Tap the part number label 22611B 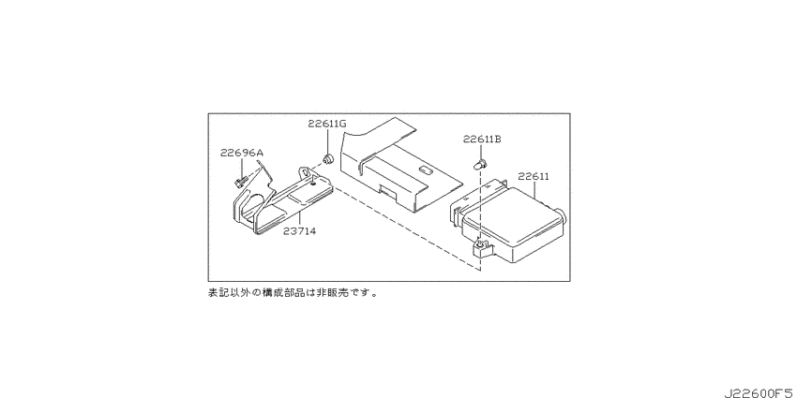pyautogui.click(x=482, y=140)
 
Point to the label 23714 pyautogui.click(x=300, y=231)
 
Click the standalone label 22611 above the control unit pyautogui.click(x=534, y=177)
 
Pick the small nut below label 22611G pyautogui.click(x=329, y=159)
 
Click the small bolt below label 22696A pyautogui.click(x=239, y=182)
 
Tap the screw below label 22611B pyautogui.click(x=480, y=165)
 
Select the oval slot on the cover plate pyautogui.click(x=425, y=171)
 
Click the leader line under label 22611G pyautogui.click(x=327, y=142)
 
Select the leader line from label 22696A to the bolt pyautogui.click(x=241, y=168)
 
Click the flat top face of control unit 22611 pyautogui.click(x=514, y=214)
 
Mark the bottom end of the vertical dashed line pyautogui.click(x=480, y=271)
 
